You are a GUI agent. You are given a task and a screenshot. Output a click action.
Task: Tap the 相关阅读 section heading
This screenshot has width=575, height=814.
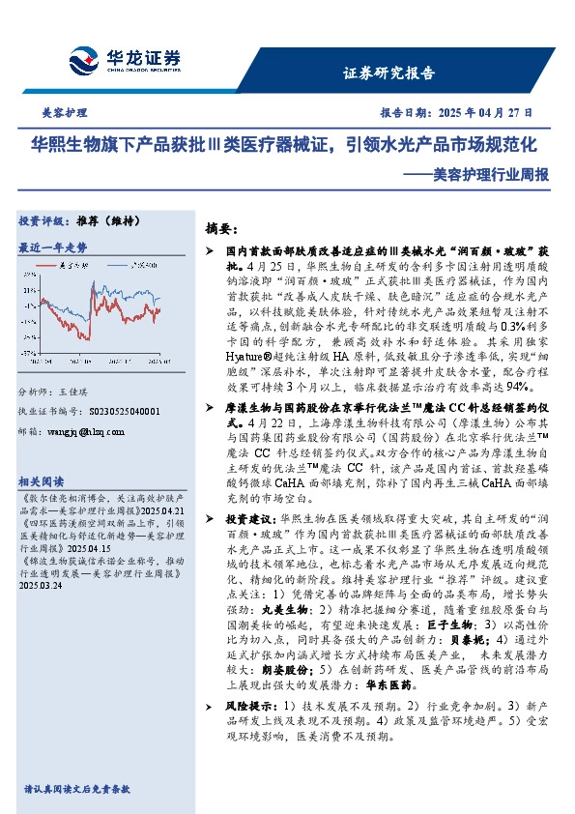click(42, 481)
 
